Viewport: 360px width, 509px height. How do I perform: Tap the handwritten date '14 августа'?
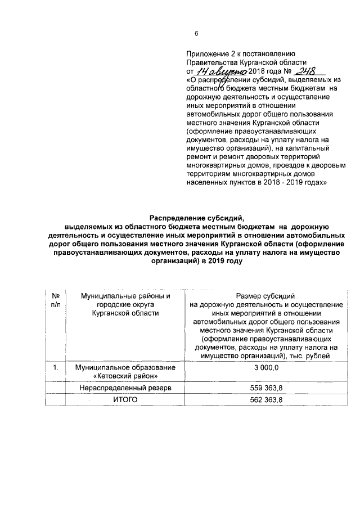coord(221,73)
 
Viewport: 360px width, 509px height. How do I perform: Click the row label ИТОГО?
coord(124,400)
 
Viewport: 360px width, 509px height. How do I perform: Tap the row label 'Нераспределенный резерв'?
coord(124,388)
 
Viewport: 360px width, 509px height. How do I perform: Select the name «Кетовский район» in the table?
coord(124,376)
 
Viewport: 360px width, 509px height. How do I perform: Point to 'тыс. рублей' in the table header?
coord(319,356)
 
